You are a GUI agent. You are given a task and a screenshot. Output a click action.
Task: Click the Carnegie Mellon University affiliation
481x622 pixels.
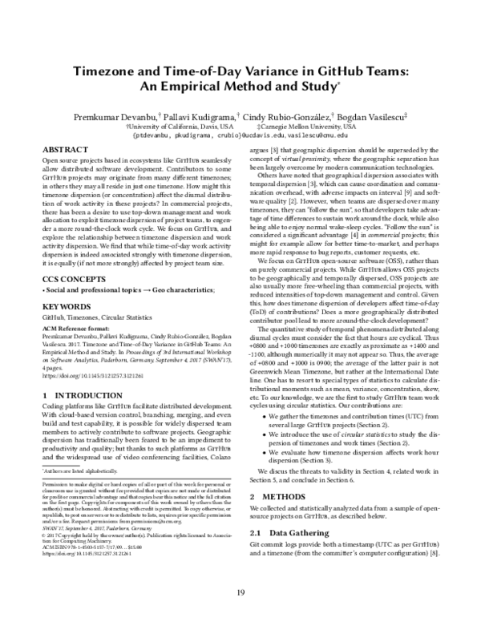tap(309, 127)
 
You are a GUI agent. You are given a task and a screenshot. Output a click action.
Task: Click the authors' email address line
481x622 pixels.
tap(240, 136)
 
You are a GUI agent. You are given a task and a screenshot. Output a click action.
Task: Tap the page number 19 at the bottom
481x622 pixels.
tap(240, 592)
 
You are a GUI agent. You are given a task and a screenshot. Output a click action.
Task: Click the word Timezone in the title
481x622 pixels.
tap(110, 72)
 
